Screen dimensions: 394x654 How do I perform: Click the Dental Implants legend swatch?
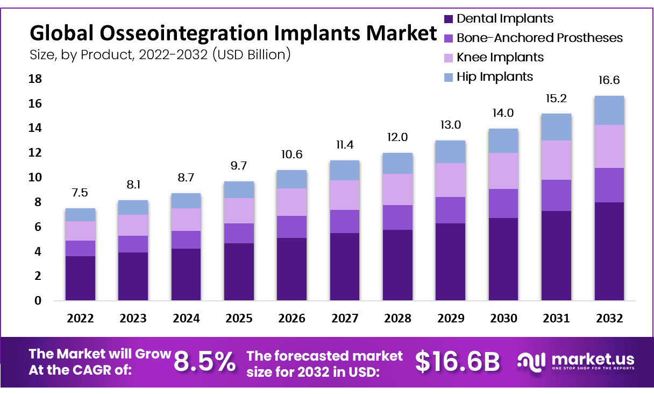tap(449, 19)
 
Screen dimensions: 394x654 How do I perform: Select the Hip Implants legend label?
tap(495, 76)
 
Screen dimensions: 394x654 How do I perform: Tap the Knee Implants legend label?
tap(500, 57)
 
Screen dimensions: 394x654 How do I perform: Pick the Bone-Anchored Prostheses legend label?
tap(539, 38)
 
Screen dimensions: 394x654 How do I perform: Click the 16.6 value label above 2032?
tap(609, 81)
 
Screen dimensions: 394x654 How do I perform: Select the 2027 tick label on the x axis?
tap(345, 318)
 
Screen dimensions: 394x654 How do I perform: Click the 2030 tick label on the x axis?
tap(503, 318)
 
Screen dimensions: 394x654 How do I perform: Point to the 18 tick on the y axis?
tap(34, 79)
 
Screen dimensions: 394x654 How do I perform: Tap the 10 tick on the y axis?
tap(34, 178)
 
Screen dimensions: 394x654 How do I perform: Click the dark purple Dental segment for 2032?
tap(609, 251)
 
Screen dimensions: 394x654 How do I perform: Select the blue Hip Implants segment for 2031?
tap(556, 127)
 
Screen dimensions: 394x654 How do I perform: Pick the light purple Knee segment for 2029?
tap(451, 180)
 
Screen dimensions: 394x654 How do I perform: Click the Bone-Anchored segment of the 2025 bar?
tap(239, 233)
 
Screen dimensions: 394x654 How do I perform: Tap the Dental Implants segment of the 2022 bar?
tap(80, 278)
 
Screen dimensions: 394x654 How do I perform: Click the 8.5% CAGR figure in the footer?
tap(204, 362)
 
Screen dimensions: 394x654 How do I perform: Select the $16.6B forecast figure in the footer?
tap(458, 362)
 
